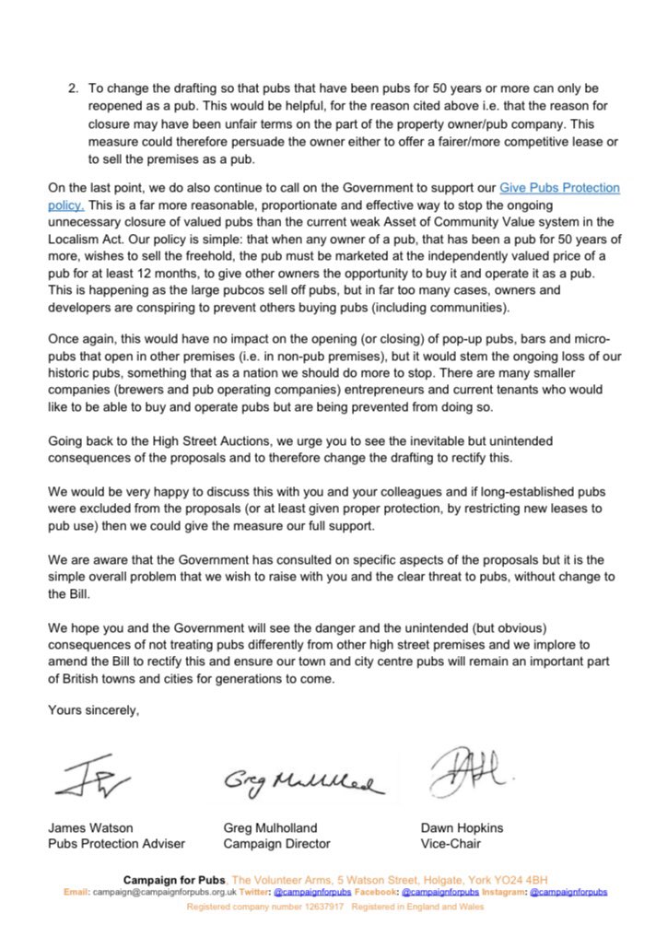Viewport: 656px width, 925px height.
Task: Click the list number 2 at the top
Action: pos(73,88)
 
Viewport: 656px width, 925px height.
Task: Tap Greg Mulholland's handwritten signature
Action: pos(299,783)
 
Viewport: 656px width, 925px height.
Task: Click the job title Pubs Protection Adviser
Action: pos(116,844)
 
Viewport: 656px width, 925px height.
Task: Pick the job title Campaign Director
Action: pos(276,844)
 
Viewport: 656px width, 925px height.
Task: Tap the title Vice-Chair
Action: pos(451,844)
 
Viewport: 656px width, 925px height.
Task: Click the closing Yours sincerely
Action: pos(93,710)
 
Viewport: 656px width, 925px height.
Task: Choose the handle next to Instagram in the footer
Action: pos(568,892)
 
